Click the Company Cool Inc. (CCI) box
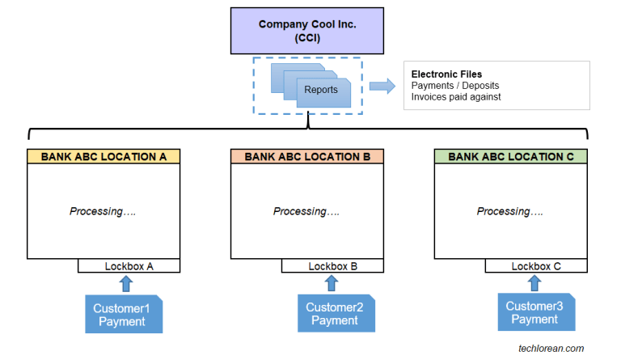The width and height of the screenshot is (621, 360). pyautogui.click(x=306, y=30)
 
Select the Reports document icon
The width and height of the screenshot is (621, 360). pyautogui.click(x=321, y=91)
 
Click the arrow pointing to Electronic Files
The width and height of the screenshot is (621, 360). pyautogui.click(x=381, y=85)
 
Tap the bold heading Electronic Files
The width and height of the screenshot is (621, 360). pyautogui.click(x=446, y=74)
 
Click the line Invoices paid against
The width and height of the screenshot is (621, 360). pyautogui.click(x=456, y=97)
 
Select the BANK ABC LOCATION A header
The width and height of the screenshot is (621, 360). pyautogui.click(x=103, y=157)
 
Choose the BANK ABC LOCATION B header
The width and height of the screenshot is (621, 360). pyautogui.click(x=306, y=157)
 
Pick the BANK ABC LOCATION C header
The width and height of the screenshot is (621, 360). pyautogui.click(x=510, y=157)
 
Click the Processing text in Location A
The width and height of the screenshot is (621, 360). pyautogui.click(x=102, y=211)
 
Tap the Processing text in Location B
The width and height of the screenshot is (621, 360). pyautogui.click(x=306, y=211)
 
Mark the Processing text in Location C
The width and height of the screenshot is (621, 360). pyautogui.click(x=509, y=211)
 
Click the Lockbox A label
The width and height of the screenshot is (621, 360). pyautogui.click(x=129, y=266)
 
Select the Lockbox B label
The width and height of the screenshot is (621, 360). pyautogui.click(x=332, y=266)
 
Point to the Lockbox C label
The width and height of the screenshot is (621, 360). pyautogui.click(x=536, y=266)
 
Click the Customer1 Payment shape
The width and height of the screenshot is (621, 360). pyautogui.click(x=123, y=315)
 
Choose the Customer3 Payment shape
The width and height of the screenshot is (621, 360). pyautogui.click(x=534, y=313)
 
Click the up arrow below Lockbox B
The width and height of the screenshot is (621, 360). pyautogui.click(x=331, y=283)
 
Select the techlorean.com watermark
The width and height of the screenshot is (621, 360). pyautogui.click(x=551, y=348)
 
